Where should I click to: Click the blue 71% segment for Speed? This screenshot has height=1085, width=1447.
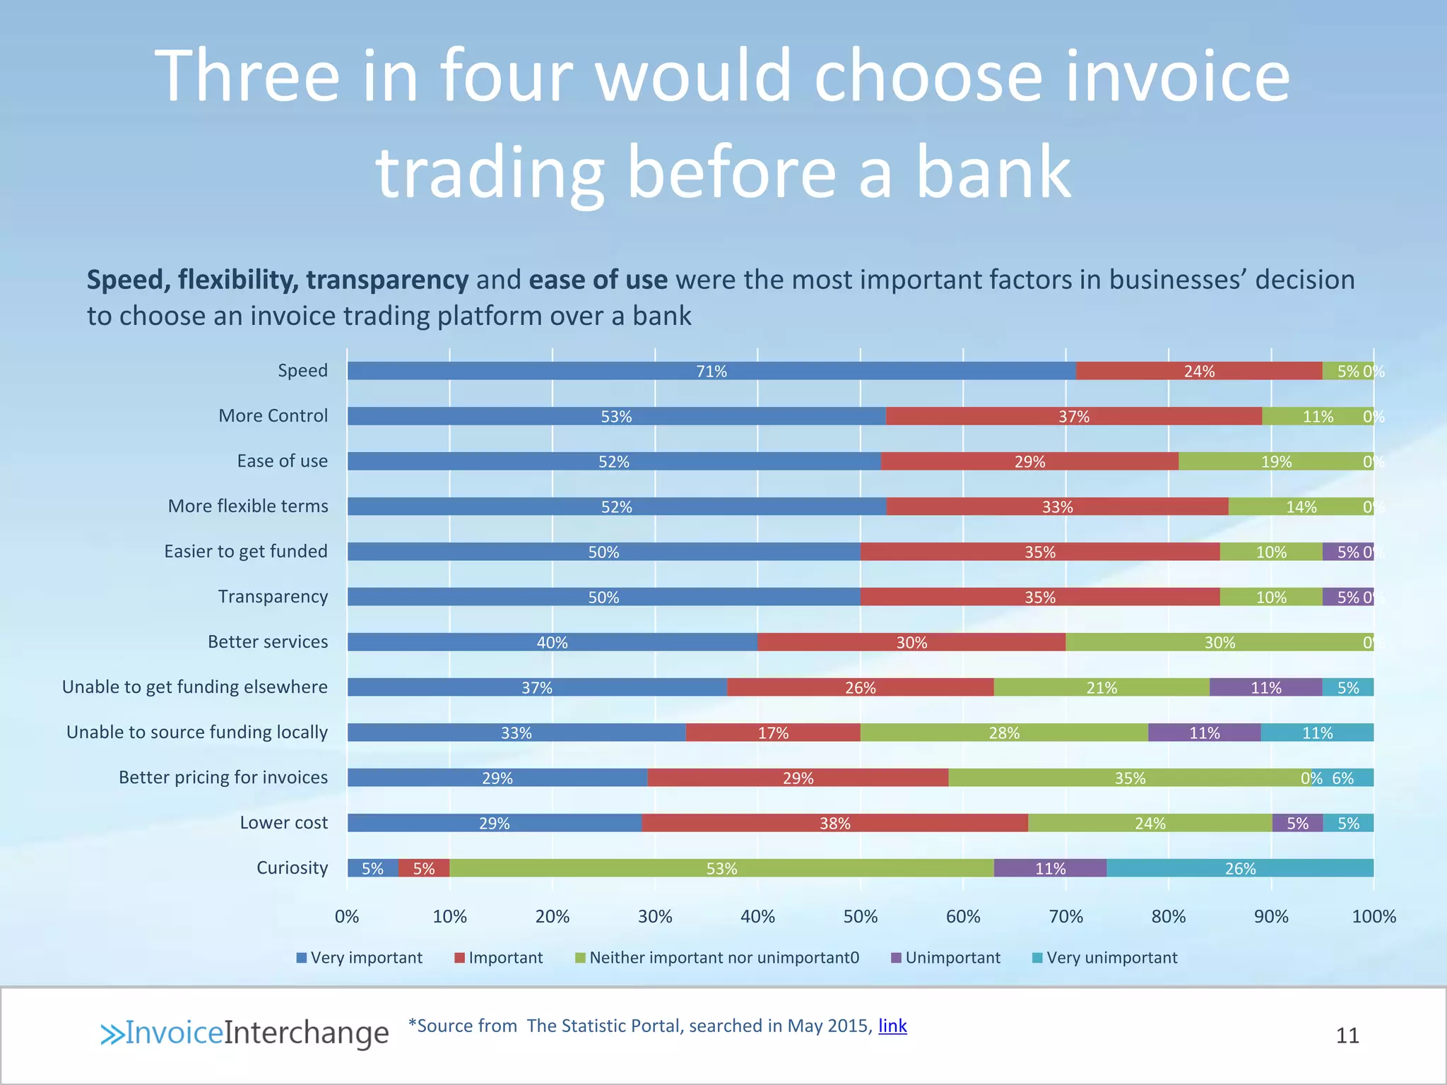pos(711,371)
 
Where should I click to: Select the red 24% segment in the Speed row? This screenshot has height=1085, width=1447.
pos(1199,371)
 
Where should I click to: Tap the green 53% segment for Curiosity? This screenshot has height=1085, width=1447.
pos(721,868)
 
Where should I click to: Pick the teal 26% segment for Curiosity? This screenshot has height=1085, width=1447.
pos(1240,868)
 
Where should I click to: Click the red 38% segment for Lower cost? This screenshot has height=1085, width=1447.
pos(834,823)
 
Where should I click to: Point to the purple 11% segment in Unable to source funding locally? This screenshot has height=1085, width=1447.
pos(1204,733)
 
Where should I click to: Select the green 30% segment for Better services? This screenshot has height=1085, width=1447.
pos(1219,642)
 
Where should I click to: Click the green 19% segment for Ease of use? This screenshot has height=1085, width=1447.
pos(1276,461)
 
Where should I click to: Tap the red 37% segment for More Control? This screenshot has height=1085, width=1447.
pos(1073,416)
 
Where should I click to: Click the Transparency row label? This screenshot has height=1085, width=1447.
pos(273,597)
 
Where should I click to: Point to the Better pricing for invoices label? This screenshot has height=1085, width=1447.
pos(223,778)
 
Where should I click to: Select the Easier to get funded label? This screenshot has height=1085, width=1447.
pos(246,552)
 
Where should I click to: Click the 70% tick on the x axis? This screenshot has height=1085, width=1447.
pos(1065,917)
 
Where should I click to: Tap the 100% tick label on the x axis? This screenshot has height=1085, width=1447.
pos(1374,917)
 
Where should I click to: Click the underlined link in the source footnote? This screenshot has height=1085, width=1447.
pos(892,1026)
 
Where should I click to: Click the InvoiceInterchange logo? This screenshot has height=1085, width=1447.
pos(244,1033)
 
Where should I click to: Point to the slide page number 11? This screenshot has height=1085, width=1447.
pos(1347,1036)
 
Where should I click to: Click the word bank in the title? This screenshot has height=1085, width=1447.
pos(993,172)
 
